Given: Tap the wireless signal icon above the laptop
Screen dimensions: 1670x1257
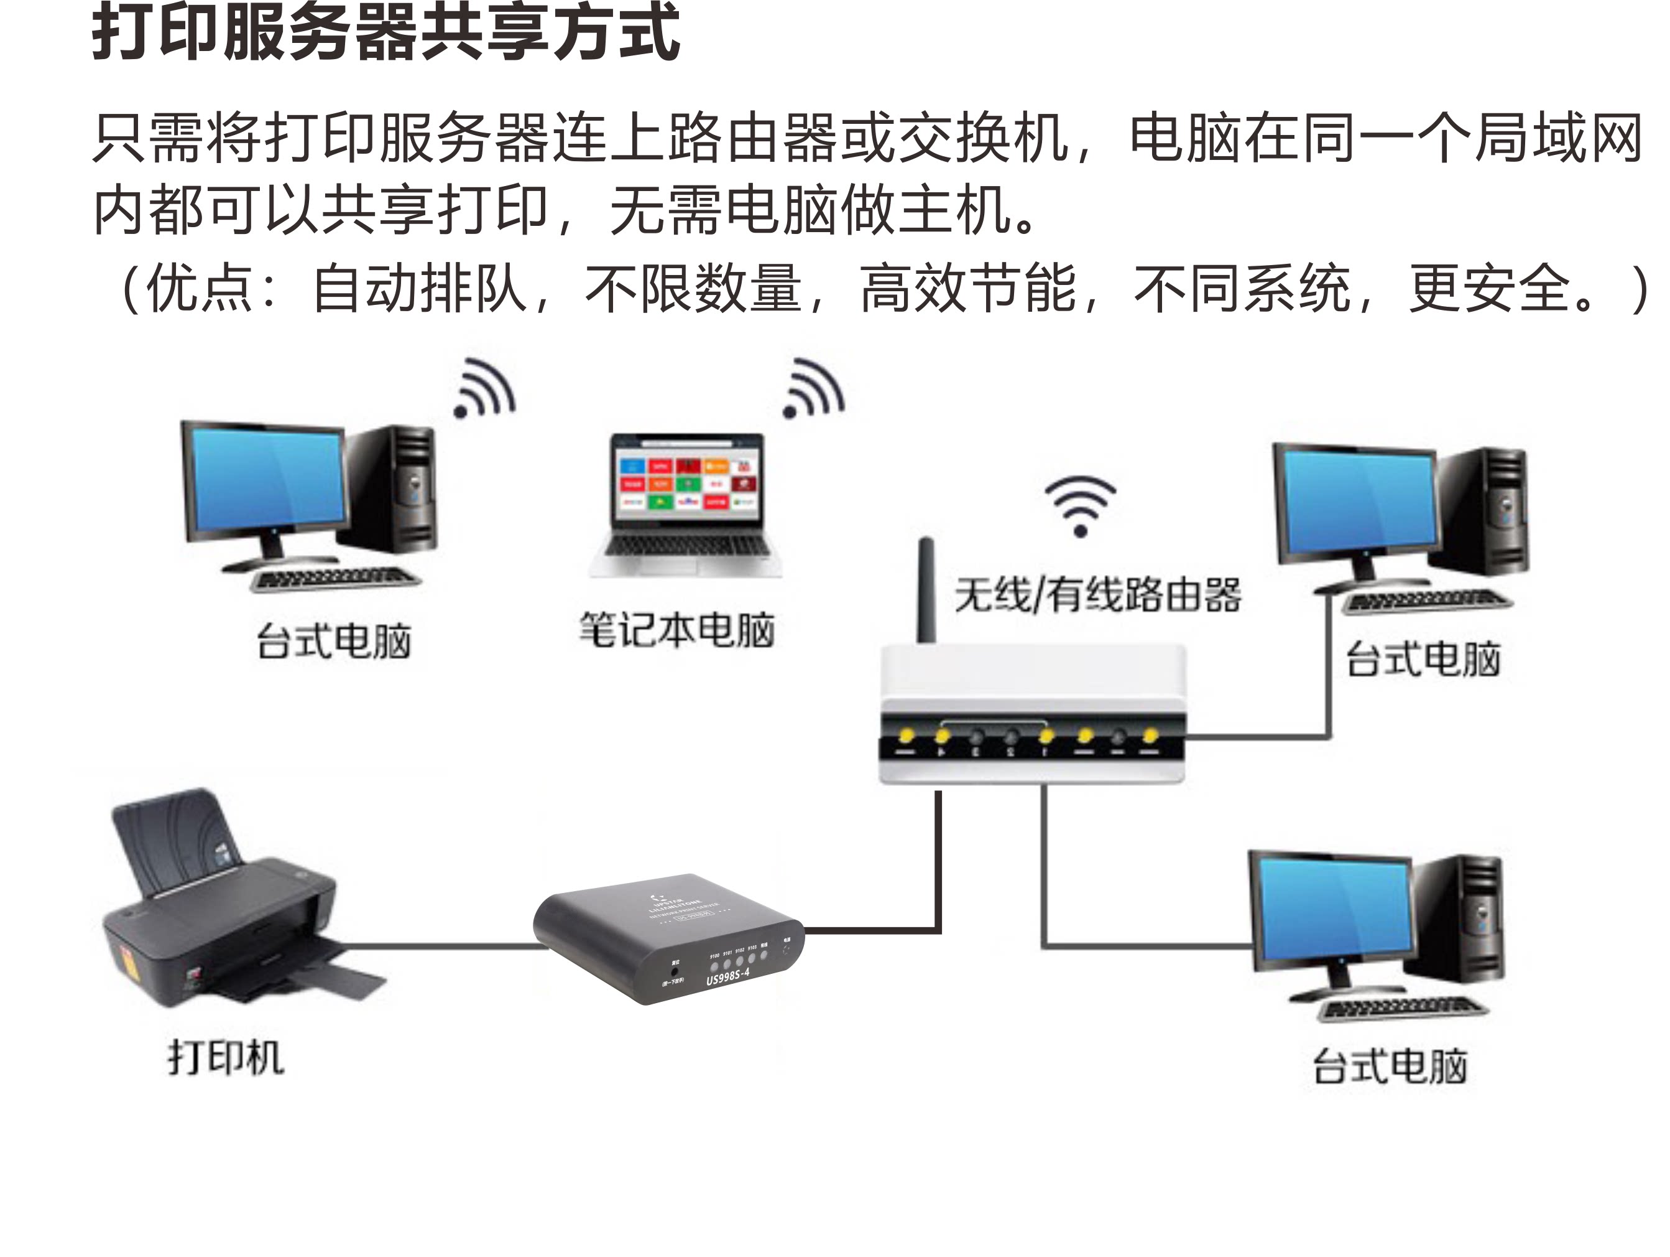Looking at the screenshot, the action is (x=813, y=389).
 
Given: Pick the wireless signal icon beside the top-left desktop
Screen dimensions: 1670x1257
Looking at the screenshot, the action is (x=485, y=389).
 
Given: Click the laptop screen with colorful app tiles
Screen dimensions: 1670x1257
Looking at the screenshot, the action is (x=687, y=484).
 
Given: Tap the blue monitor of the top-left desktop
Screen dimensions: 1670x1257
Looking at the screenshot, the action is (x=268, y=476).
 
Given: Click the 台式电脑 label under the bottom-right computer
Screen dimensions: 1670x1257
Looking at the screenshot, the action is (x=1390, y=1067).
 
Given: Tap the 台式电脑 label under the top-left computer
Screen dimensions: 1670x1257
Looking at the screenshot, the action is (x=334, y=642).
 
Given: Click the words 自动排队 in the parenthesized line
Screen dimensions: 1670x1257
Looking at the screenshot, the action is (x=419, y=289).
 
